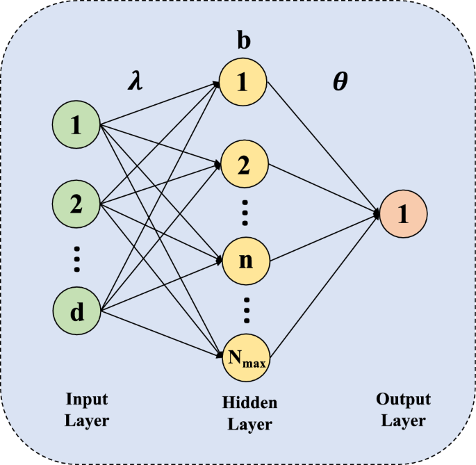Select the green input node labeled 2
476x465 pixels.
76,205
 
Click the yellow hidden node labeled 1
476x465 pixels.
243,83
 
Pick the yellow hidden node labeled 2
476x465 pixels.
243,165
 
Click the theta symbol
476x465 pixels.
340,83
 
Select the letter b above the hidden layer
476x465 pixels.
244,41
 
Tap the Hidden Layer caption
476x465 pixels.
249,414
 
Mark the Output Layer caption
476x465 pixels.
403,410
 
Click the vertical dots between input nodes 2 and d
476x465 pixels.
77,259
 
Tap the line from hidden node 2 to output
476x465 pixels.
323,189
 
